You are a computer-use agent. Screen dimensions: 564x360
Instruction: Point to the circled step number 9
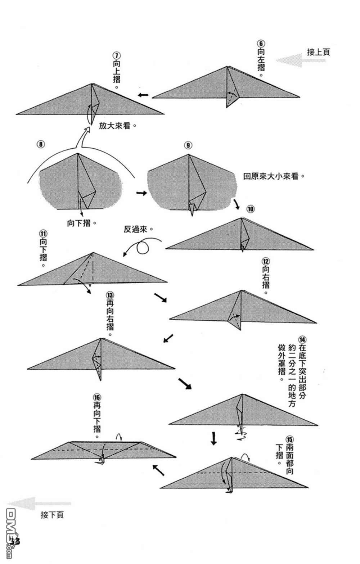pyautogui.click(x=188, y=145)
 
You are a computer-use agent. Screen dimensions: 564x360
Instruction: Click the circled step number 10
pyautogui.click(x=251, y=209)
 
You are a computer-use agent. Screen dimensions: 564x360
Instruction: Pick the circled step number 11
pyautogui.click(x=43, y=233)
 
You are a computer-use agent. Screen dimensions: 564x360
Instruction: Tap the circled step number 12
pyautogui.click(x=266, y=261)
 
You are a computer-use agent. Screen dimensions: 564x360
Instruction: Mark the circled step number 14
pyautogui.click(x=302, y=339)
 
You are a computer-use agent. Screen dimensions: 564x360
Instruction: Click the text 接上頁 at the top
pyautogui.click(x=318, y=52)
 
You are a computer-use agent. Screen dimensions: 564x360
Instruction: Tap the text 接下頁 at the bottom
pyautogui.click(x=52, y=515)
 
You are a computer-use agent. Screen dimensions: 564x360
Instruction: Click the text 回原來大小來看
pyautogui.click(x=273, y=176)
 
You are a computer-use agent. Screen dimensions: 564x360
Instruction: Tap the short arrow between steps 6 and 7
pyautogui.click(x=143, y=95)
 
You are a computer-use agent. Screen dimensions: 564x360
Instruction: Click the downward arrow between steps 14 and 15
pyautogui.click(x=214, y=438)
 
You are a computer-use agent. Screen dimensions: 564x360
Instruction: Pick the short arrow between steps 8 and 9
pyautogui.click(x=141, y=193)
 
